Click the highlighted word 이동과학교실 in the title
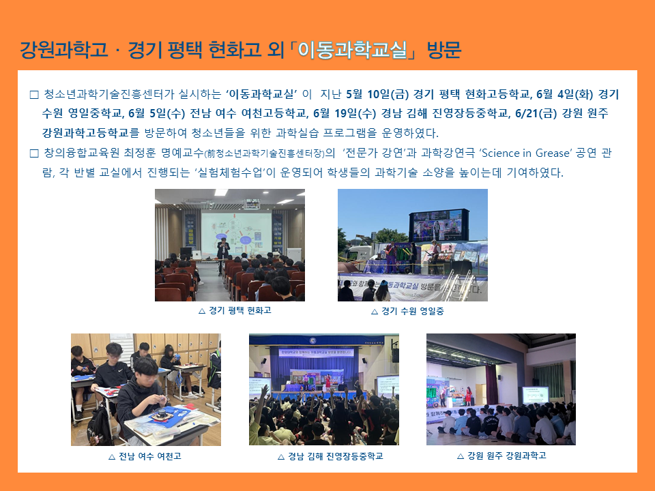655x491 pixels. pos(352,50)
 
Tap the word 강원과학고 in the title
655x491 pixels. pos(63,50)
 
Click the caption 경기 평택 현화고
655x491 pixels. pos(239,310)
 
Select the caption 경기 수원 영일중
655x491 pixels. pos(413,311)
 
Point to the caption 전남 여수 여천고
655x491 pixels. pos(150,456)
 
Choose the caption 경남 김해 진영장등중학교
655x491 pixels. pos(336,456)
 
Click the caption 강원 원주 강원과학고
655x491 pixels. pos(507,456)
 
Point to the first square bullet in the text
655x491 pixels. pos(34,95)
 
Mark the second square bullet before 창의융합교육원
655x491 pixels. pos(34,153)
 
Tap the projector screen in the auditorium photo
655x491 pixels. pos(237,234)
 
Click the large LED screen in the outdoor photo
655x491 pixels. pos(436,226)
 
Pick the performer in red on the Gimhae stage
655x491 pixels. pos(328,382)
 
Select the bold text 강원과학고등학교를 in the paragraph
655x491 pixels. pos(91,133)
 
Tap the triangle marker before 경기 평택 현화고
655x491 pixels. pos(202,311)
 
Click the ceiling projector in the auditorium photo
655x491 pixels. pos(251,204)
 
